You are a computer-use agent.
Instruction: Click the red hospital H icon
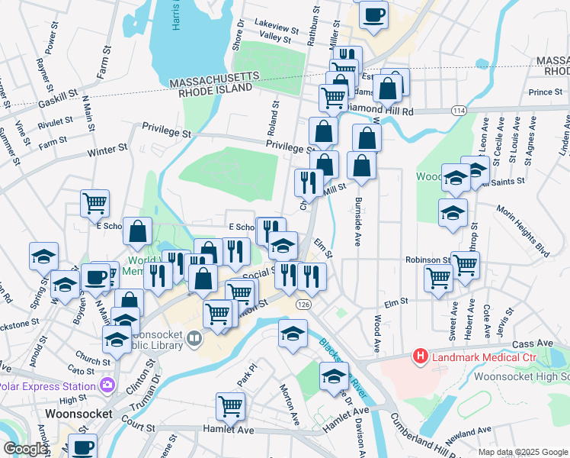coord(419,356)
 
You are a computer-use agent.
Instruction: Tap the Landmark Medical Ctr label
coord(482,356)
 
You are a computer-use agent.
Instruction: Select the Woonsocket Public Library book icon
coord(194,338)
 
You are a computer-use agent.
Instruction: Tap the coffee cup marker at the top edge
coord(373,15)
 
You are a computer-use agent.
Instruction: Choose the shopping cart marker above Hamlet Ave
coord(231,406)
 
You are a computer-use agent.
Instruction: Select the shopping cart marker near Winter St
coord(95,203)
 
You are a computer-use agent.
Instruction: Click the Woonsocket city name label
coord(69,413)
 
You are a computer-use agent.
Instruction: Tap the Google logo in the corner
coord(25,449)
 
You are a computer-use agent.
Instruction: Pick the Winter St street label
coord(106,151)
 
